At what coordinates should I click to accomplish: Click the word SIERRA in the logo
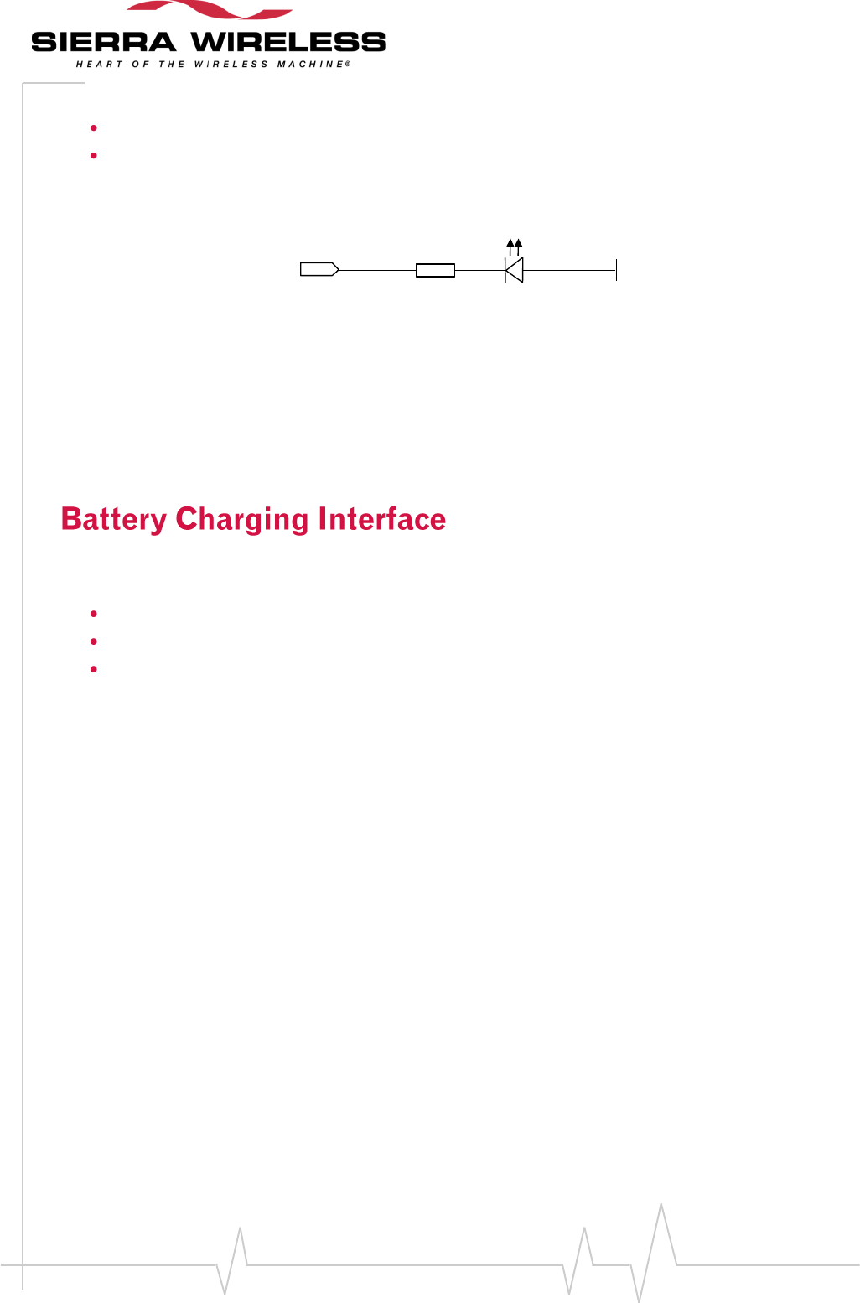(x=103, y=42)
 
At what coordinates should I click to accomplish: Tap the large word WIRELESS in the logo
(x=288, y=42)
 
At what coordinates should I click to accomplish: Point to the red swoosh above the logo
(x=210, y=10)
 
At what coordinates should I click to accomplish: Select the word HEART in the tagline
(x=94, y=65)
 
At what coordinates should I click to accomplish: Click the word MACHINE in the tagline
(x=310, y=65)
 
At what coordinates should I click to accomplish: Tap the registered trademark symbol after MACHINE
(x=348, y=64)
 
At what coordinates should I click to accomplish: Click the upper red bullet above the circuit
(x=94, y=128)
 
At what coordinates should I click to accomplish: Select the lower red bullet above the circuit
(x=94, y=155)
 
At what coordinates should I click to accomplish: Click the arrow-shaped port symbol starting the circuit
(x=319, y=269)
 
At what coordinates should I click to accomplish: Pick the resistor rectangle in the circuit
(x=435, y=270)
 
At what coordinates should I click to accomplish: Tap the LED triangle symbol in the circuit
(x=514, y=270)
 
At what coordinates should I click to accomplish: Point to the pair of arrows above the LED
(x=515, y=246)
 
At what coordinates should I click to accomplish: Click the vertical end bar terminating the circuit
(x=616, y=270)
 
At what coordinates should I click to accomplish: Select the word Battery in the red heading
(x=114, y=519)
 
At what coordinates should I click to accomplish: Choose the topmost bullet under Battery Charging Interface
(x=94, y=615)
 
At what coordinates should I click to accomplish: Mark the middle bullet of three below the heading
(x=94, y=641)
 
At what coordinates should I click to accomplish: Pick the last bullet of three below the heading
(x=94, y=669)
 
